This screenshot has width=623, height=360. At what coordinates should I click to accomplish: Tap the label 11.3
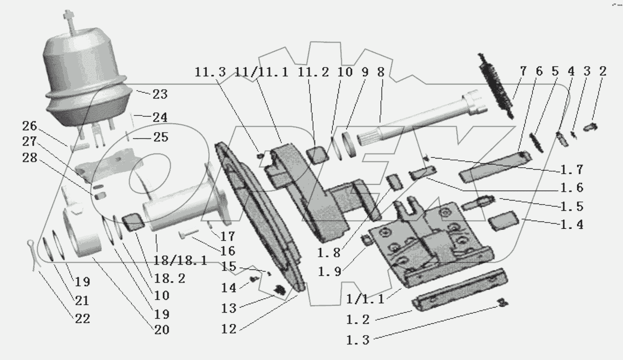211,72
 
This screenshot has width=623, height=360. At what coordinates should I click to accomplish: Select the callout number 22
83,318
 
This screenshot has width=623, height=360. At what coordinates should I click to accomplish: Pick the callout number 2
602,72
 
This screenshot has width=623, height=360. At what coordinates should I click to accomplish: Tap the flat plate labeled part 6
494,165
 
